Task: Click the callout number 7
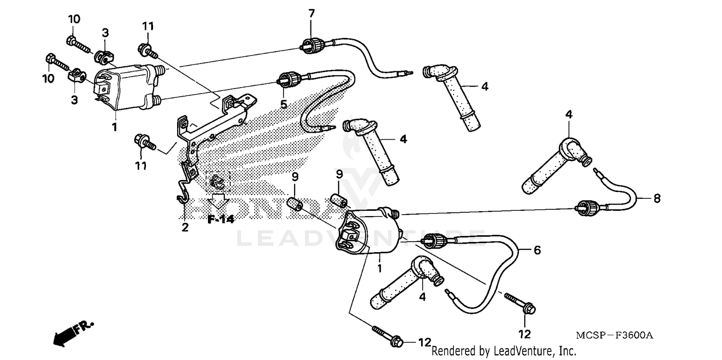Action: tap(311, 13)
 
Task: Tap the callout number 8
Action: tap(657, 197)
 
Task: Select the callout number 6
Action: tap(537, 250)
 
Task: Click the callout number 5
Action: tap(284, 103)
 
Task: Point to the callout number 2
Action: tap(185, 227)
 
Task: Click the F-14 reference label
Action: tap(220, 219)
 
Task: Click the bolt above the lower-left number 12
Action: tap(389, 335)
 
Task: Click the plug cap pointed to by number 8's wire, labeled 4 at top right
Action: tap(559, 164)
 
